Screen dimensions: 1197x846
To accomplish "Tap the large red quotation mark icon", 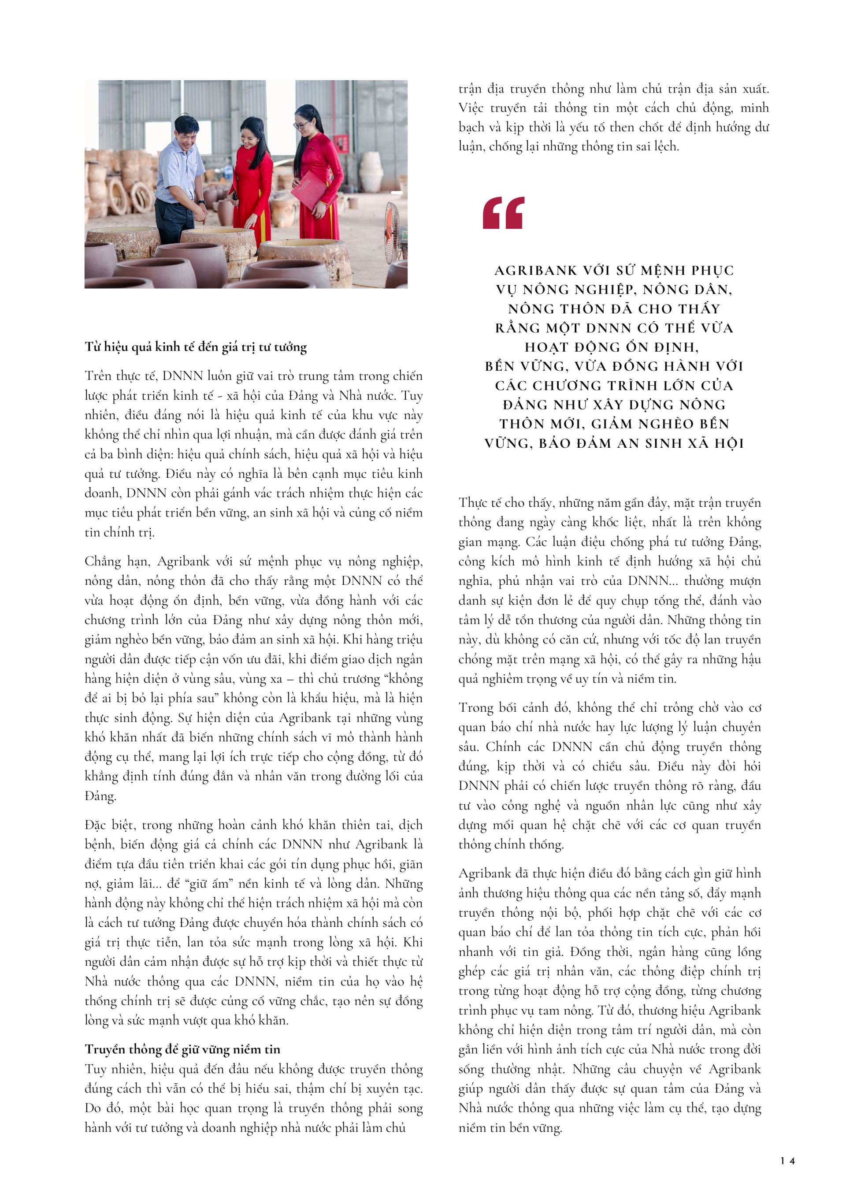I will [x=503, y=213].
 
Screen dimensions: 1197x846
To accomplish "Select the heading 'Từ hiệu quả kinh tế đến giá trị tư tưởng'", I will [x=196, y=347].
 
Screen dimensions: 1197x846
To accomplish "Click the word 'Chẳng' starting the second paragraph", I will [x=103, y=562].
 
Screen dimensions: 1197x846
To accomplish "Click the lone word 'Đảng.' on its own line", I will [x=100, y=796].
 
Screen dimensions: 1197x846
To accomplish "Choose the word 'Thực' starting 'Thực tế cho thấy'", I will [x=473, y=503].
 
